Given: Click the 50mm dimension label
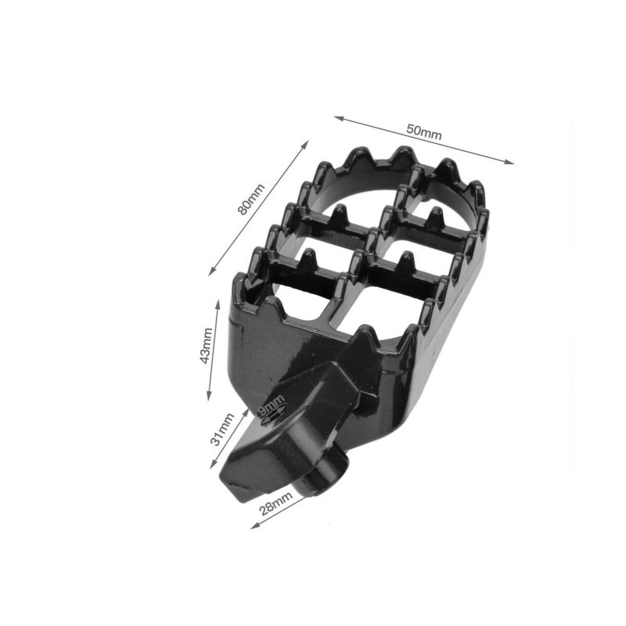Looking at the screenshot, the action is point(424,132).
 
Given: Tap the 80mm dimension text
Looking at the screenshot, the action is point(250,200).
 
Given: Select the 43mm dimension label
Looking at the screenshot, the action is point(206,346).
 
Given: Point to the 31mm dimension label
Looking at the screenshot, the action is point(222,430).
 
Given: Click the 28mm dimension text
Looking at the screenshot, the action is point(276,503).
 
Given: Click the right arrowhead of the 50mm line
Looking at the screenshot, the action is point(509,162).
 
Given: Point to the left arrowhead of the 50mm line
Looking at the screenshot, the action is point(340,118).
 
